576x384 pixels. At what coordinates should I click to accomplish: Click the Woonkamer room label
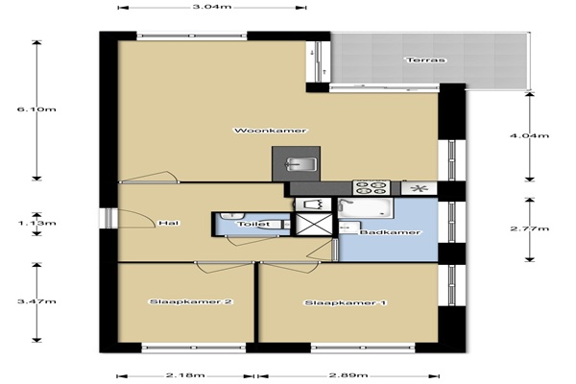pos(271,131)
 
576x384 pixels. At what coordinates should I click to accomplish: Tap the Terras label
pos(426,60)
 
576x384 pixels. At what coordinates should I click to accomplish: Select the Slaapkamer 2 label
pos(191,302)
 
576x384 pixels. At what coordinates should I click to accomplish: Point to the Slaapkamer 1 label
pos(346,303)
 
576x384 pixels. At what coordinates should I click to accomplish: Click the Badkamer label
pos(390,232)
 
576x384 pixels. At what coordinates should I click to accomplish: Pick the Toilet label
pos(253,224)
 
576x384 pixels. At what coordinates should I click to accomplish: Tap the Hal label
pos(169,223)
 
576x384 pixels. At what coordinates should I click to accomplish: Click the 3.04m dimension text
pos(213,7)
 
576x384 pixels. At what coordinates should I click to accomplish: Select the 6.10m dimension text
pos(36,109)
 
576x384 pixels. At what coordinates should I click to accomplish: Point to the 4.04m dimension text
pos(529,136)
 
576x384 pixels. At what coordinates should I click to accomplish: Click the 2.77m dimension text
pos(529,228)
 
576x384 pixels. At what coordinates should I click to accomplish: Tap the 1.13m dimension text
pos(36,223)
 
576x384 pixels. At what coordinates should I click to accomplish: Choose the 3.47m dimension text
pos(36,301)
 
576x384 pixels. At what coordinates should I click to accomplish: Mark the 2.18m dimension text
pos(185,375)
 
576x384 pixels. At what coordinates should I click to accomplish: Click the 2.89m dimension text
pos(348,375)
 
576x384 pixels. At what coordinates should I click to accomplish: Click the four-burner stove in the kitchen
pos(372,187)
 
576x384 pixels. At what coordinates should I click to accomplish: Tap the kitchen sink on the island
pos(300,164)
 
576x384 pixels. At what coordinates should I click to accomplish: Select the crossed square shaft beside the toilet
pos(314,224)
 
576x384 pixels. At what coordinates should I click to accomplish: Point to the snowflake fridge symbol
pos(419,189)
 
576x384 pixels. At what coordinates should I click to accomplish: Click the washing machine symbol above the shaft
pos(314,204)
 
